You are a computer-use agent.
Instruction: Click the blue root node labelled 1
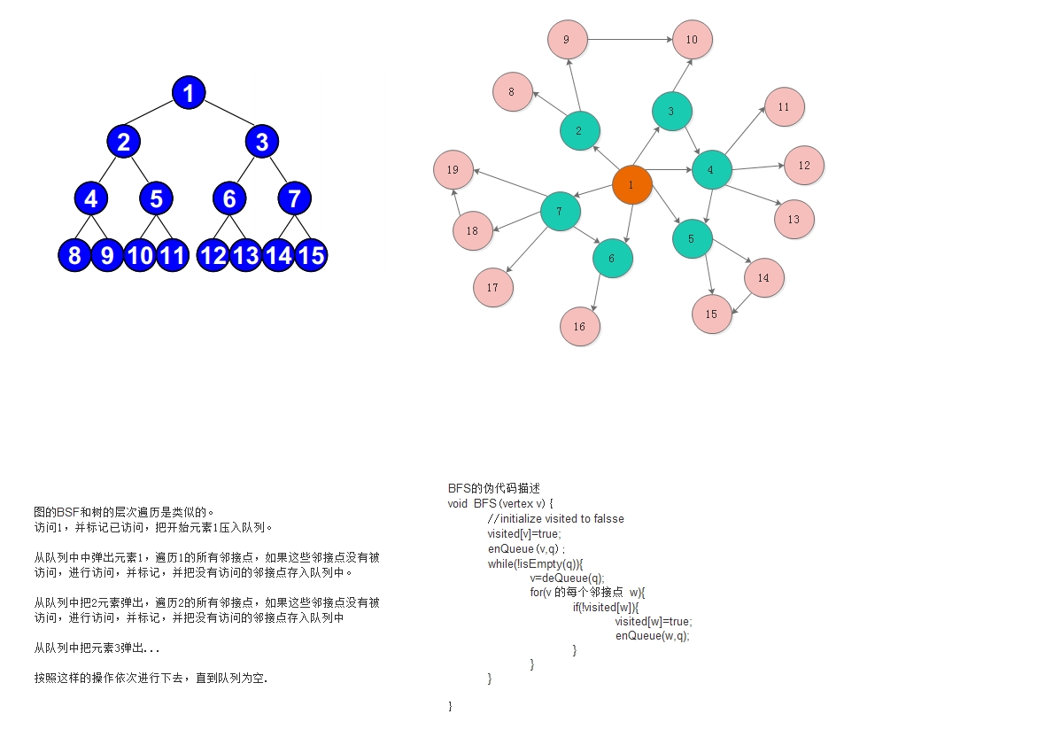point(189,92)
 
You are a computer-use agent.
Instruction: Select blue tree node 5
point(156,198)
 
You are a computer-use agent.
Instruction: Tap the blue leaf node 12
point(213,255)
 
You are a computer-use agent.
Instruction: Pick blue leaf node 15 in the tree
point(311,255)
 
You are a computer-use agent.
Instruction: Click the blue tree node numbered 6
point(229,198)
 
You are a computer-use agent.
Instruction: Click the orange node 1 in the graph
point(631,185)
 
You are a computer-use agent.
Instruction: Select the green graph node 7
point(560,212)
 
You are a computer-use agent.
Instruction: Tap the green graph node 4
point(710,169)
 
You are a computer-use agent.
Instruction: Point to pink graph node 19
point(453,170)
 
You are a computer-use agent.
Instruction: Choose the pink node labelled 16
point(579,326)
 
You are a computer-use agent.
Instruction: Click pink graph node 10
point(692,40)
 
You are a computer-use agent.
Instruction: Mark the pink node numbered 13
point(794,219)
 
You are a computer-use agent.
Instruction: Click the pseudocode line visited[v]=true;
point(523,533)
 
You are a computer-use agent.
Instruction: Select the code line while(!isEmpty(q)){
point(535,563)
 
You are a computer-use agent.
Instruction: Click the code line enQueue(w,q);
point(652,635)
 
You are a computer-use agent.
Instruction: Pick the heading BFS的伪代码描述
point(493,488)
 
